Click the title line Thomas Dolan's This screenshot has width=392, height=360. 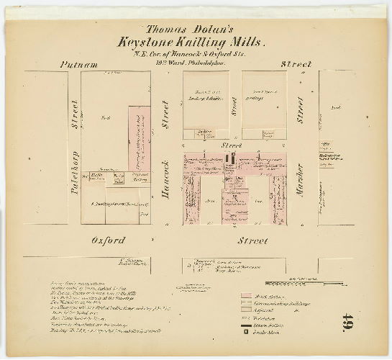196,30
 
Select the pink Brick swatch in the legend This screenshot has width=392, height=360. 247,297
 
